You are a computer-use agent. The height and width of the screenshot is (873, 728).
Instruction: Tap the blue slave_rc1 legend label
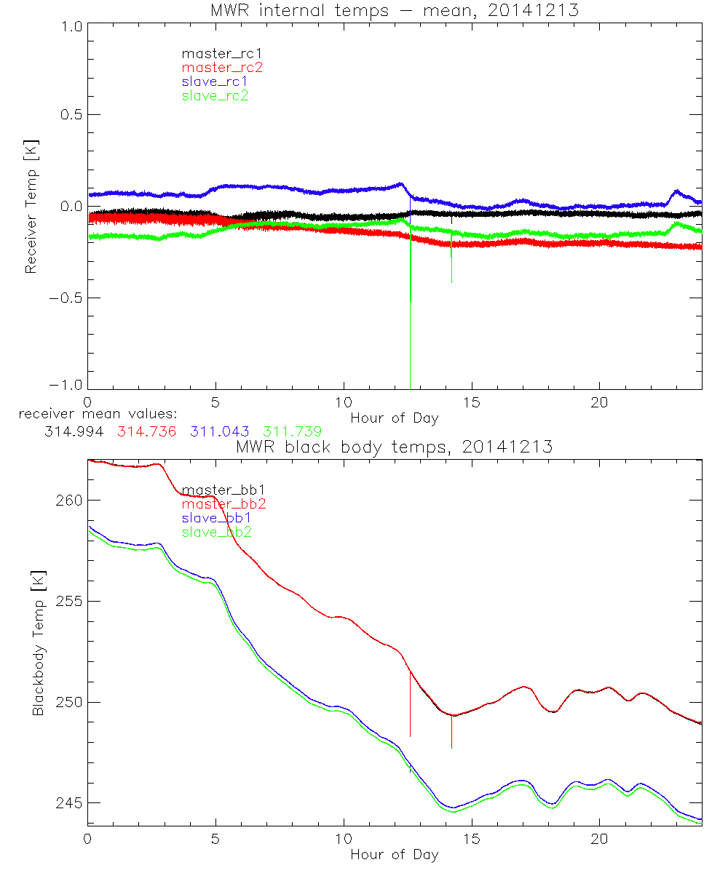pyautogui.click(x=215, y=81)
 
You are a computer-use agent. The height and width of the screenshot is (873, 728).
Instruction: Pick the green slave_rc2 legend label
pyautogui.click(x=215, y=95)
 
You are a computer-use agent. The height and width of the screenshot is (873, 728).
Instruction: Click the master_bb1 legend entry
pyautogui.click(x=221, y=490)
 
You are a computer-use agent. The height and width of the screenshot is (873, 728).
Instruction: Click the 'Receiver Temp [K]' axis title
pyautogui.click(x=31, y=207)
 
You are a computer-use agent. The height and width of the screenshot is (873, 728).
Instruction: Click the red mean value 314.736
pyautogui.click(x=145, y=431)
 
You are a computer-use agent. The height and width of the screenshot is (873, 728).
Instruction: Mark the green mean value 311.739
pyautogui.click(x=293, y=431)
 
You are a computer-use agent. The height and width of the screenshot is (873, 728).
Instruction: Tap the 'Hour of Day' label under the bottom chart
pyautogui.click(x=395, y=854)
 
